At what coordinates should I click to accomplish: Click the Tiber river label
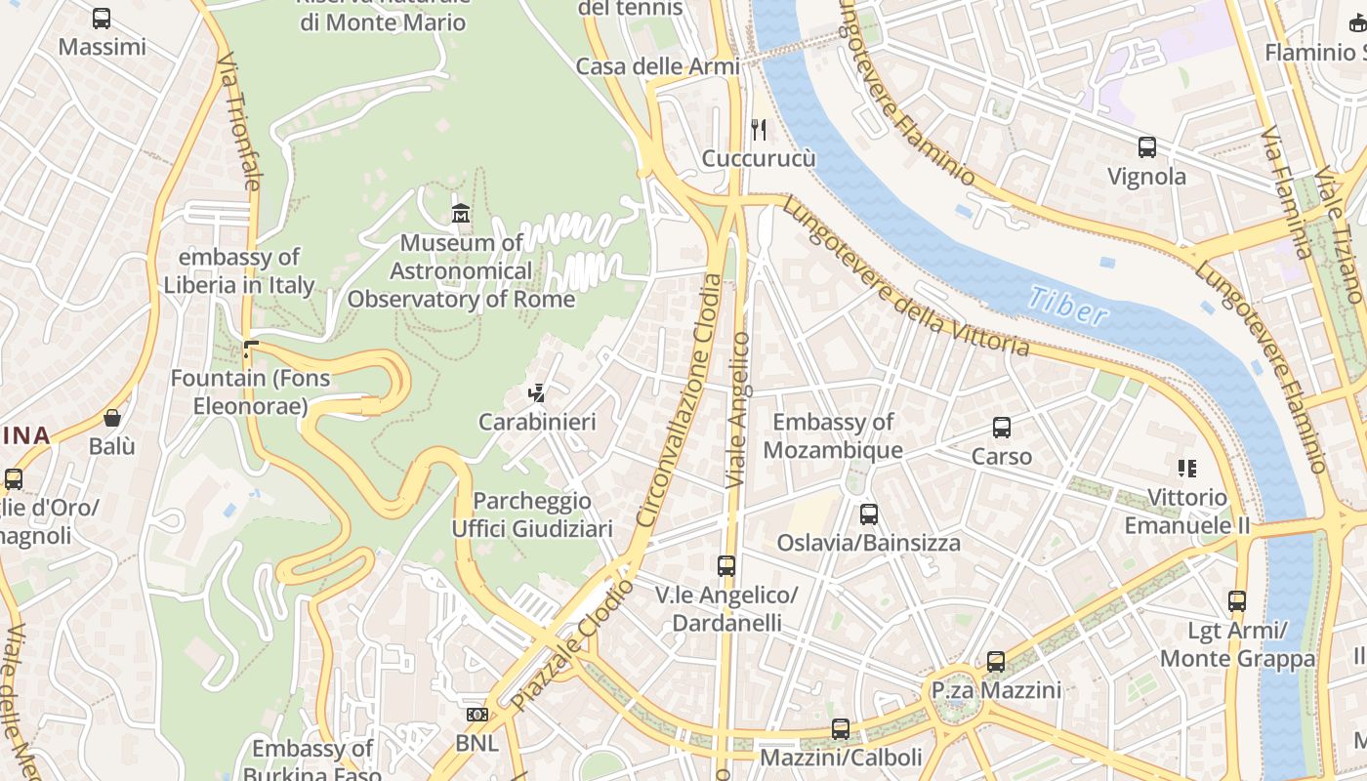(1068, 306)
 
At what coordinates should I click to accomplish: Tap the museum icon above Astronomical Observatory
(460, 212)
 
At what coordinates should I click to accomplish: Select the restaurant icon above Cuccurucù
(758, 129)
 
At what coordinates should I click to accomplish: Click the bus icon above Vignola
(1147, 147)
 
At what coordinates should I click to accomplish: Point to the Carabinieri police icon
(536, 392)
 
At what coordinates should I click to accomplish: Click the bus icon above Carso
(1002, 427)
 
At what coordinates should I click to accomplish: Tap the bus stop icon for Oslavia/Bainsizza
(868, 514)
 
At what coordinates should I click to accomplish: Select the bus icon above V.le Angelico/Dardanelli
(725, 565)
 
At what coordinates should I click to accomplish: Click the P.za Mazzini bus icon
(996, 661)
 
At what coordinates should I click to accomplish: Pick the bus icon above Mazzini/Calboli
(840, 728)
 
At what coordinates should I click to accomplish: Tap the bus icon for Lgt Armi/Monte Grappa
(1237, 600)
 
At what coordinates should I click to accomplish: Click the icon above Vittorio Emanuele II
(1186, 468)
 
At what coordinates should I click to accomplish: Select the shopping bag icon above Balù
(112, 418)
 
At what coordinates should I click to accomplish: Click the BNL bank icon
(476, 715)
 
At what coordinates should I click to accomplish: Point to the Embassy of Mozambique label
(832, 435)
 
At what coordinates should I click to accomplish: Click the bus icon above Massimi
(102, 18)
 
